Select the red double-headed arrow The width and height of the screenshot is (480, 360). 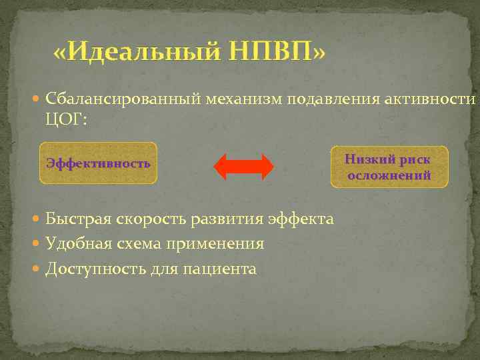coord(243,167)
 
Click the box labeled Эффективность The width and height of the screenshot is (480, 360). coord(99,163)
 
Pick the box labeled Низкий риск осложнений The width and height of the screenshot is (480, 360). coord(389,167)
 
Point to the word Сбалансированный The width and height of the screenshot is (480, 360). coord(124,100)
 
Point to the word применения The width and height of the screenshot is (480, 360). coord(223,244)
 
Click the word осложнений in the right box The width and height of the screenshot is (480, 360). coord(389,175)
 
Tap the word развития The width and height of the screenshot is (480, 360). coord(231,219)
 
